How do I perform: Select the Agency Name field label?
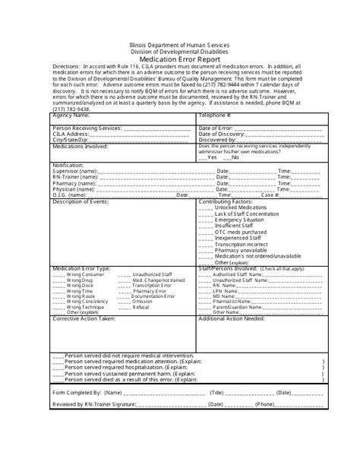[71, 115]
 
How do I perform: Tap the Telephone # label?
[214, 115]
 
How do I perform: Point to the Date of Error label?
[219, 129]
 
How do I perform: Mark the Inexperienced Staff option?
[241, 237]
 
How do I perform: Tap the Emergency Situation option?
[242, 220]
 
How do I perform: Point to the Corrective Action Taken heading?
[84, 318]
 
